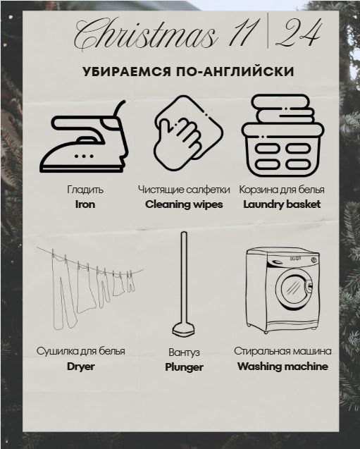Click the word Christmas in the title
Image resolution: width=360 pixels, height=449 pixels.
tap(144, 35)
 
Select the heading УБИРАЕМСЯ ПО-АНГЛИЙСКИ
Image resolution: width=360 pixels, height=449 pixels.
tap(188, 72)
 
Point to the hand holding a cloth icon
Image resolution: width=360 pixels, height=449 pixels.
tap(188, 133)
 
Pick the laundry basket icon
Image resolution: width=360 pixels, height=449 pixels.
tap(283, 135)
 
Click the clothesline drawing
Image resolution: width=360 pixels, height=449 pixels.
tap(89, 288)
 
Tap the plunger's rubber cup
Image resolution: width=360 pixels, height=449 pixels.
tap(183, 329)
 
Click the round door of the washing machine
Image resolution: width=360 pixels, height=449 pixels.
tap(294, 288)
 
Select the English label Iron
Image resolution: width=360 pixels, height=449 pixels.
tap(85, 204)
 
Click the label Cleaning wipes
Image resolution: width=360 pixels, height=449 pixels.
tap(184, 204)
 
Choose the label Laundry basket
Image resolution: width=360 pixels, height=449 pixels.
tap(282, 204)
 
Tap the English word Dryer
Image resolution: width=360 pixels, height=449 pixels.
tap(81, 367)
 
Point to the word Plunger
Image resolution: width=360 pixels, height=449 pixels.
tap(184, 367)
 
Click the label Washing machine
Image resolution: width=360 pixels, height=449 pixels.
tap(283, 367)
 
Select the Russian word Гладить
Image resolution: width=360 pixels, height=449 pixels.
tap(85, 190)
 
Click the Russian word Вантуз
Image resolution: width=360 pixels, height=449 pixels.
tap(184, 352)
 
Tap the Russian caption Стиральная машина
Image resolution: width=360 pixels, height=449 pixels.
tap(283, 351)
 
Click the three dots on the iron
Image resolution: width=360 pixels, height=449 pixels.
tap(84, 156)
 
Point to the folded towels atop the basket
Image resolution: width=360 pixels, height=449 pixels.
tap(283, 109)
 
